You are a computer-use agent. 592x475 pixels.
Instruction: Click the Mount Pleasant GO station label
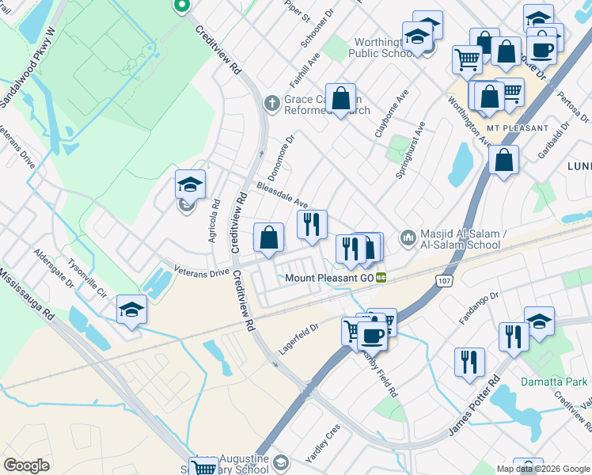tap(328, 278)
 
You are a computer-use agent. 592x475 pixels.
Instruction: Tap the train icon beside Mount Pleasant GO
tap(381, 278)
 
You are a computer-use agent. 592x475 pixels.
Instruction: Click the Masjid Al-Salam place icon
tap(408, 237)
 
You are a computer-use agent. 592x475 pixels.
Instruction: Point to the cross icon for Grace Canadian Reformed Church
tap(271, 101)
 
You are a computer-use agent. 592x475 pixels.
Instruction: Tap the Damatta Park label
tap(554, 382)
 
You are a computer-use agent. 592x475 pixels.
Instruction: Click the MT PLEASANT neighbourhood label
tap(518, 127)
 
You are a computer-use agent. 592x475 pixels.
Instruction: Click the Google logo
tap(27, 465)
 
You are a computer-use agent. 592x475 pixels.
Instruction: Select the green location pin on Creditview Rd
tap(181, 6)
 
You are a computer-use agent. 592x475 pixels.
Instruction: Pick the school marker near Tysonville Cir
tap(132, 310)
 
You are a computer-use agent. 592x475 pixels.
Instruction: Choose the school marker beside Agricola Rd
tap(190, 185)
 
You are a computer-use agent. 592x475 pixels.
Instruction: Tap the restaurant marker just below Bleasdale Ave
tap(312, 224)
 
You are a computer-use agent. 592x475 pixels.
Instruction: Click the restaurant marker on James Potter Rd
tap(469, 362)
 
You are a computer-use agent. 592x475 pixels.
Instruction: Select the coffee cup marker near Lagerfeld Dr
tap(372, 334)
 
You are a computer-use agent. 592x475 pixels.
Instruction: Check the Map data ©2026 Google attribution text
tap(543, 468)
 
